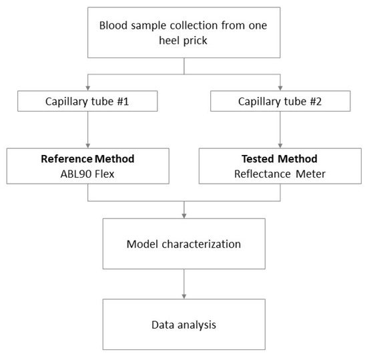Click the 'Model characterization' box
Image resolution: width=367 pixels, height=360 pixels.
tap(183, 244)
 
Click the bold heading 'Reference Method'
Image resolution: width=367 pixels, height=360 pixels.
tap(87, 160)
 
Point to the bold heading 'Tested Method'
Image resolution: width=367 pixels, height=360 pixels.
tap(280, 160)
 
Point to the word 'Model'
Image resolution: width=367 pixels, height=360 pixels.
tap(142, 244)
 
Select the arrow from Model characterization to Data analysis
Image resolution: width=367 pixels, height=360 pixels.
tap(183, 283)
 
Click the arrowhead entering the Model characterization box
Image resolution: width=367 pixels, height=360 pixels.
tap(183, 215)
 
